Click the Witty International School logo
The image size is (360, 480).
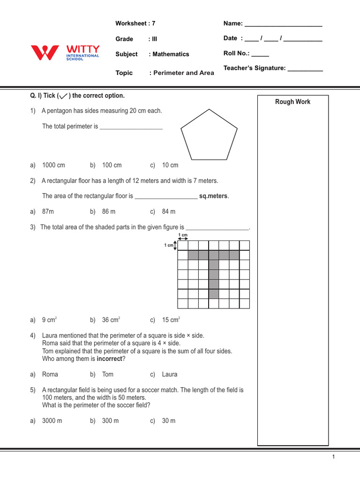coord(65,52)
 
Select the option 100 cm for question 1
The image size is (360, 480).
coord(112,165)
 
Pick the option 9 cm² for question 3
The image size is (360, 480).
coord(49,320)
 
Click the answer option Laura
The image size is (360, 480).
coord(170,374)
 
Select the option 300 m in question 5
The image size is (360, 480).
coord(110,420)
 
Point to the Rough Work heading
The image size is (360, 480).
coord(292,102)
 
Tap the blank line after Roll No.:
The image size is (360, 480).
coord(260,54)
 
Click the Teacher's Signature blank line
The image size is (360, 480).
coord(305,69)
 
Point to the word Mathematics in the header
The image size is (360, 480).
coord(171,54)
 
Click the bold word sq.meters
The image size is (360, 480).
coord(214,196)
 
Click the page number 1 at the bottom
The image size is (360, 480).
coord(333,457)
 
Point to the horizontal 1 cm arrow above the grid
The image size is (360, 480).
coord(183,238)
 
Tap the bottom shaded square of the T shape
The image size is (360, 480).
coord(214,294)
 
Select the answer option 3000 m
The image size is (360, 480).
coord(52,420)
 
